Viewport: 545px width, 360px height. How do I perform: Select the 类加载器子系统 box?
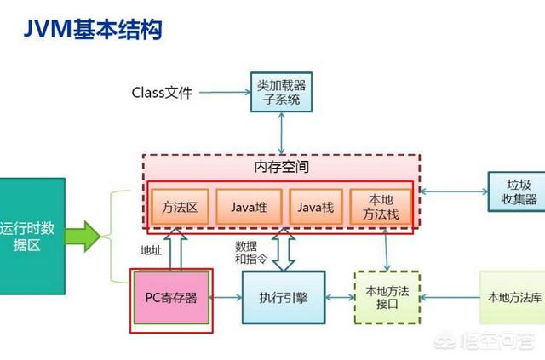(x=276, y=93)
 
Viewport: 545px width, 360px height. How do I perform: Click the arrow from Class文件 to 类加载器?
(x=227, y=92)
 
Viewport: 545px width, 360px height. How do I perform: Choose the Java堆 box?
(x=248, y=207)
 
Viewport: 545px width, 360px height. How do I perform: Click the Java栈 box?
(x=315, y=207)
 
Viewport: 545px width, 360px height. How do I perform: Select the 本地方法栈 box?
(x=380, y=207)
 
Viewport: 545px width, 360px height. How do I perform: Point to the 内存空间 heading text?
(x=280, y=166)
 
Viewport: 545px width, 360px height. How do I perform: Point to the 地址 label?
(x=151, y=250)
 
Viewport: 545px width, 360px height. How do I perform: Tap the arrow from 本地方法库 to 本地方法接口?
(x=448, y=298)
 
